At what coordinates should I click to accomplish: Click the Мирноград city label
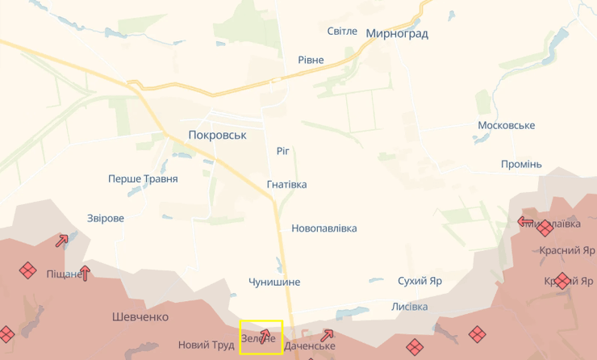(x=397, y=34)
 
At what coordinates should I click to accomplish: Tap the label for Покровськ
(x=216, y=136)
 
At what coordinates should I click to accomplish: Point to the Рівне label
(x=311, y=61)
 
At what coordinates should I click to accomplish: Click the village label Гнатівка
(x=286, y=185)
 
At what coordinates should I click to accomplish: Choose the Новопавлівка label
(x=324, y=228)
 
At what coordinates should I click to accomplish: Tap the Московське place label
(x=506, y=126)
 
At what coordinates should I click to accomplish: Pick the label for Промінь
(x=521, y=165)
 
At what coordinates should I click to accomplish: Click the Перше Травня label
(x=143, y=179)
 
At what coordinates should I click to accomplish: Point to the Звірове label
(x=106, y=219)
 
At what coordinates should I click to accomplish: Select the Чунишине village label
(x=274, y=283)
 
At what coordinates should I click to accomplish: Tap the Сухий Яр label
(x=420, y=282)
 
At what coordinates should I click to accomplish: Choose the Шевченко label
(x=140, y=317)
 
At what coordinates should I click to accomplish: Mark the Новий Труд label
(x=205, y=345)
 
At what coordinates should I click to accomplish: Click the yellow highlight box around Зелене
(x=261, y=337)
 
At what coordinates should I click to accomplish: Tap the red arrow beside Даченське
(x=327, y=335)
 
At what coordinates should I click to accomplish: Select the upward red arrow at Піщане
(x=84, y=273)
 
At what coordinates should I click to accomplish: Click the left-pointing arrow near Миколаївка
(x=525, y=220)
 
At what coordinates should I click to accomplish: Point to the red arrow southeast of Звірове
(x=62, y=241)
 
